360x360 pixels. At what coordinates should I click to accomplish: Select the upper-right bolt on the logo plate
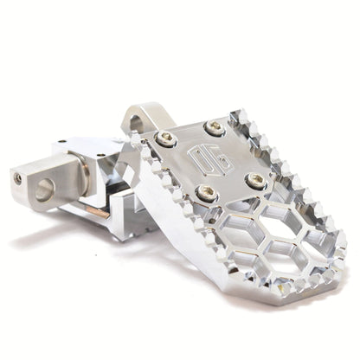[214, 128]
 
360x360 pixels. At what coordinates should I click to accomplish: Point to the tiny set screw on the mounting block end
[19, 177]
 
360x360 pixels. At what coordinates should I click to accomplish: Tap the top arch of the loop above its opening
[138, 111]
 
